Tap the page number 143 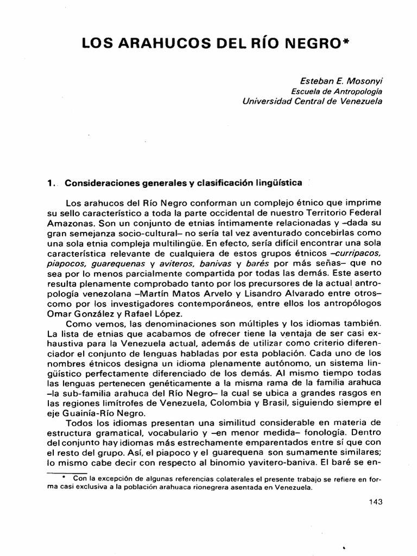pyautogui.click(x=374, y=501)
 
